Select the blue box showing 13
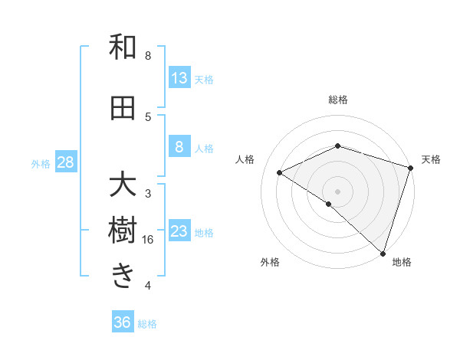(179, 78)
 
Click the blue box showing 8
(179, 147)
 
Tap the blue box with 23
(179, 231)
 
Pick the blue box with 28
(65, 162)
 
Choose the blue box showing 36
(123, 322)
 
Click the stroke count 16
(148, 240)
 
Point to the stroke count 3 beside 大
(148, 193)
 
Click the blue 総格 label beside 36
(147, 324)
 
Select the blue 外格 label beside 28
(41, 163)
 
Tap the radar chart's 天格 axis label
(431, 159)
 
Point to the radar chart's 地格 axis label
(402, 262)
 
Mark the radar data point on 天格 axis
(411, 167)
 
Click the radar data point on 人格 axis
(280, 172)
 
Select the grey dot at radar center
(337, 191)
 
